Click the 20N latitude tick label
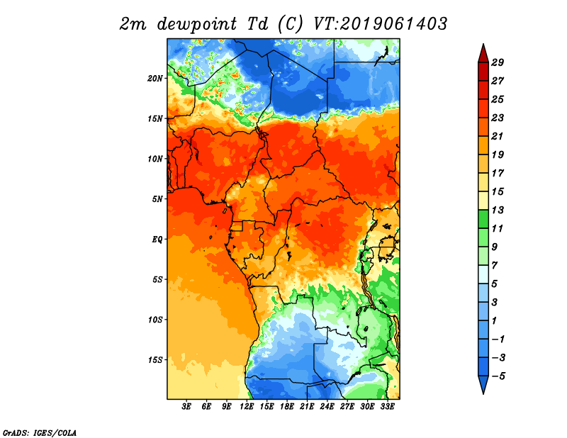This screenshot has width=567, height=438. point(155,78)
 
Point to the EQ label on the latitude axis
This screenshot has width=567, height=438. point(157,239)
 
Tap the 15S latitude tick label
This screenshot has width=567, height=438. point(155,359)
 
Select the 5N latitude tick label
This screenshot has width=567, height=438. point(157,198)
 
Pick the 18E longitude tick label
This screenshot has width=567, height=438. point(287,407)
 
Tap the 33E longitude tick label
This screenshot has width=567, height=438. point(387,407)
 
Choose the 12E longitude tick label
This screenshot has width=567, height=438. point(247,407)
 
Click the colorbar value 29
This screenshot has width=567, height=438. point(498,62)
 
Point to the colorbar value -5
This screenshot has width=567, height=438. point(498,376)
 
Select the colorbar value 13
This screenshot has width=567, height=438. point(498,210)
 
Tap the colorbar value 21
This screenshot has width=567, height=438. point(498,136)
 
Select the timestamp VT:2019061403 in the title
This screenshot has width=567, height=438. point(380,23)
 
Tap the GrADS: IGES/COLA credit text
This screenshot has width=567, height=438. point(39,432)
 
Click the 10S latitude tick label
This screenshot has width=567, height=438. point(155,319)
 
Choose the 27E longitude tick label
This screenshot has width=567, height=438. point(347,407)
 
